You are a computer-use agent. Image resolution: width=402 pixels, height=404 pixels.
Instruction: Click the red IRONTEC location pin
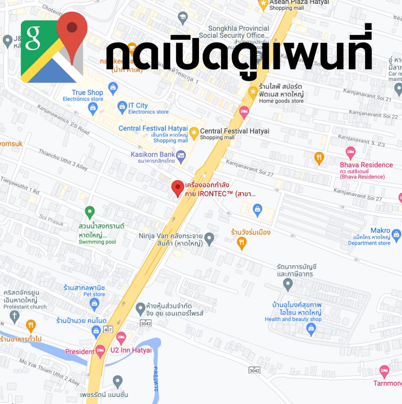tap(178, 188)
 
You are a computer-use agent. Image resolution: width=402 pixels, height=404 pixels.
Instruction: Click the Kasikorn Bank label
tap(153, 155)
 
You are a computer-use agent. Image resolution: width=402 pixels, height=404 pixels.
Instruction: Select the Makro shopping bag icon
tap(396, 235)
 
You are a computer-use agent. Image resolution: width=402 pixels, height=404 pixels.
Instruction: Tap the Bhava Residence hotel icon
tap(350, 153)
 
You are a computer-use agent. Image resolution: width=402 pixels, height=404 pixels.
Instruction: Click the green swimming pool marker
tap(90, 212)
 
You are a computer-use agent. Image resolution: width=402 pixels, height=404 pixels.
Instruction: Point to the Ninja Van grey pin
tap(209, 238)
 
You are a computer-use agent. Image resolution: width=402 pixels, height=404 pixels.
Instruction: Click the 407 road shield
tap(108, 329)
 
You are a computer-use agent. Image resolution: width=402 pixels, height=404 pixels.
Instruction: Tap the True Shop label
tap(87, 93)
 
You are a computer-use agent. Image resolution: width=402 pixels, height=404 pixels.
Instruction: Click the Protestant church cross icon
tap(15, 316)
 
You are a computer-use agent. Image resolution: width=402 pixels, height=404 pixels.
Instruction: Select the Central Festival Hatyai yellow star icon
tap(194, 132)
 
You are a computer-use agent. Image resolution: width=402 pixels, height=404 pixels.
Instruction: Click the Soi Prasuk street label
tap(51, 220)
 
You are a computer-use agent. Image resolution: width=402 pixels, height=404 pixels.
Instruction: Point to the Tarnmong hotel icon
tap(384, 371)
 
